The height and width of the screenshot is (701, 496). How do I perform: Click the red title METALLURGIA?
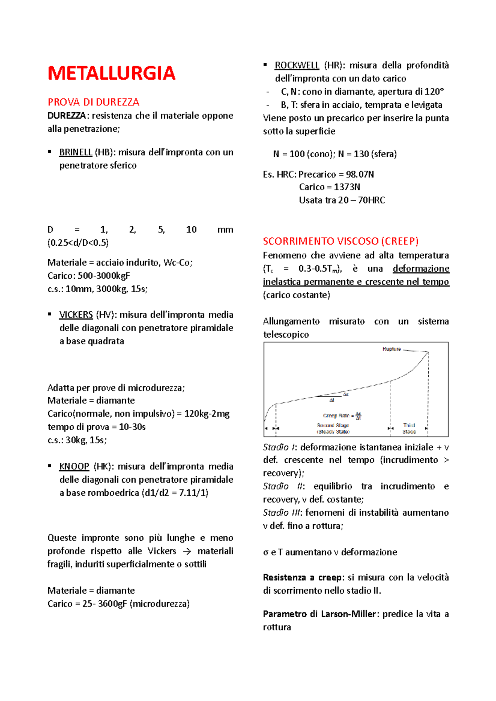click(x=111, y=73)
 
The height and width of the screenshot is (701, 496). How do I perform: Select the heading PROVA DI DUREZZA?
click(x=93, y=102)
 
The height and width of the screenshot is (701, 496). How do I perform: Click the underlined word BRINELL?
click(x=76, y=152)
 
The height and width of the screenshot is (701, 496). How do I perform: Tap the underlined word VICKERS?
click(x=76, y=315)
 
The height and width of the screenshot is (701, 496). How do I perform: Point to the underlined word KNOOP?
click(x=74, y=467)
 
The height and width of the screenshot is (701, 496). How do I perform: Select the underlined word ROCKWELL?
click(x=297, y=65)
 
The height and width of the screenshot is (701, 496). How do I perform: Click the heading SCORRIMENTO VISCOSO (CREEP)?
click(x=341, y=241)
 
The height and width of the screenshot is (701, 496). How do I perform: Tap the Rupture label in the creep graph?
click(x=391, y=349)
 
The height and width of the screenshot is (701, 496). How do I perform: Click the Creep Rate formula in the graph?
click(x=342, y=416)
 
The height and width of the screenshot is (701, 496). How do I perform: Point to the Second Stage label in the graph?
click(x=333, y=428)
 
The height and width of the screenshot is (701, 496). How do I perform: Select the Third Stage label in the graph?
click(x=409, y=428)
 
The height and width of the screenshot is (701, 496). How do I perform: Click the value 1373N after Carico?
click(x=347, y=187)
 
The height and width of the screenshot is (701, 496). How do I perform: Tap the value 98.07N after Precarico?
click(x=360, y=174)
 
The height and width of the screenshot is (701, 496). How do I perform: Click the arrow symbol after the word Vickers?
click(x=187, y=552)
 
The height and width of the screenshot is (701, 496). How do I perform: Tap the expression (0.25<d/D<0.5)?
click(x=78, y=243)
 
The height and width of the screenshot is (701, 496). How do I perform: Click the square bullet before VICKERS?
click(x=50, y=315)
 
